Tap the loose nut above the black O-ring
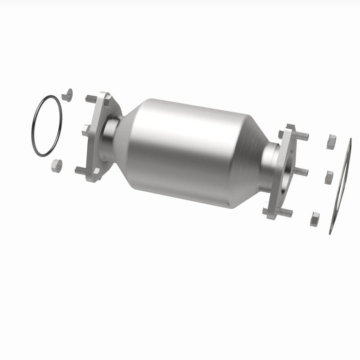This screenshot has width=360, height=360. (x=67, y=95)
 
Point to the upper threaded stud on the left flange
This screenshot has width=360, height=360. (x=91, y=98)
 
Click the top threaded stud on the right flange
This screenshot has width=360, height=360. (x=301, y=135)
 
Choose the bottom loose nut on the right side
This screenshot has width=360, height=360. (x=315, y=219)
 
